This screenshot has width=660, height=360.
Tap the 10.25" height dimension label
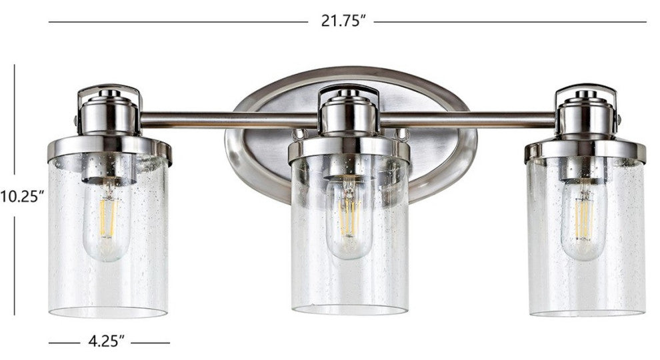tap(22, 196)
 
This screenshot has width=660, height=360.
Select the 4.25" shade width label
tap(107, 342)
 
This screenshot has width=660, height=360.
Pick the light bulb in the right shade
tap(584, 223)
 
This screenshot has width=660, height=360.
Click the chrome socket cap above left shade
tap(109, 113)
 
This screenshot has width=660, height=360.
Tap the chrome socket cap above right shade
tap(585, 113)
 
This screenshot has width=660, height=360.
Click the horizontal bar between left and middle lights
tap(227, 120)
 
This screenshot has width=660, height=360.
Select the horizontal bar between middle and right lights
tap(467, 120)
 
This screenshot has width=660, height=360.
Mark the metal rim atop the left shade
tap(109, 147)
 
